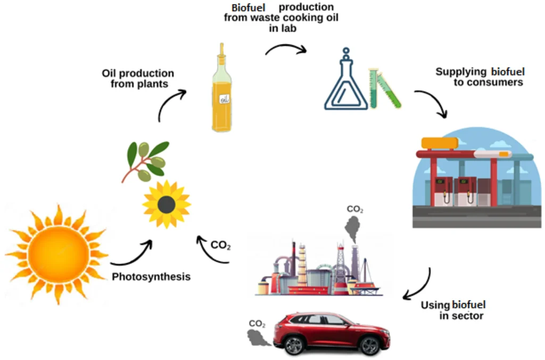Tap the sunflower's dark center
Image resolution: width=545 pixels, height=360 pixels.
click(x=167, y=204)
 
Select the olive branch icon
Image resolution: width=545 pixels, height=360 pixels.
click(x=147, y=160)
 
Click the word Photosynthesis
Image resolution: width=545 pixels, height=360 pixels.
click(x=151, y=277)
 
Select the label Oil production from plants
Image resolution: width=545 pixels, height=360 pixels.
click(x=138, y=78)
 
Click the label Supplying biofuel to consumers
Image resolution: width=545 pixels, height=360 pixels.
click(x=480, y=77)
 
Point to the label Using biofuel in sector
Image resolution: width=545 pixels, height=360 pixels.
click(x=453, y=310)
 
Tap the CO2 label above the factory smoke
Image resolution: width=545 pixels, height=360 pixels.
click(x=355, y=209)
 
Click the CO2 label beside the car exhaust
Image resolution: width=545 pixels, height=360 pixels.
click(x=257, y=323)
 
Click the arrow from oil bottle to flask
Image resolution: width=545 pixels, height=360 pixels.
click(x=286, y=49)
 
